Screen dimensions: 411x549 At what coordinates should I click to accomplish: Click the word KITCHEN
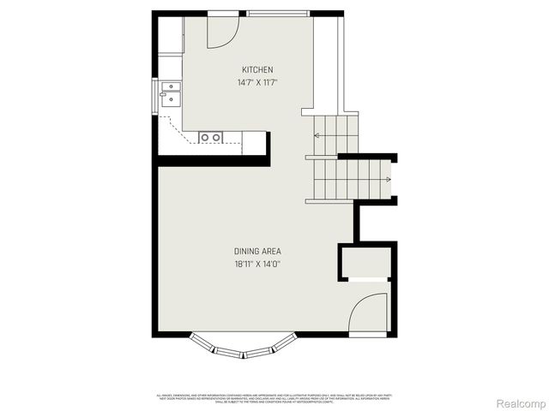click(257, 69)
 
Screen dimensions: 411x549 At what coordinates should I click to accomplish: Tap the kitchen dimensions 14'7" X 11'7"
click(257, 83)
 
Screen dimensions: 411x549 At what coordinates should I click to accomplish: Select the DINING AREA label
click(257, 251)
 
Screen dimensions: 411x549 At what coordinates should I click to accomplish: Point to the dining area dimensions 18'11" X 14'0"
click(257, 265)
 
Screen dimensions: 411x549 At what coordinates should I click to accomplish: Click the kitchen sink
click(170, 93)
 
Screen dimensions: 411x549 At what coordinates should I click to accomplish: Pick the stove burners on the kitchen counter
click(211, 137)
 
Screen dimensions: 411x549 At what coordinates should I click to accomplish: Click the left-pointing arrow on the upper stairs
click(317, 135)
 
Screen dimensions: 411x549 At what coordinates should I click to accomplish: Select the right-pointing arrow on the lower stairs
click(388, 179)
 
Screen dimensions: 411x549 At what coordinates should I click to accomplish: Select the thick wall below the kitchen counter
click(213, 160)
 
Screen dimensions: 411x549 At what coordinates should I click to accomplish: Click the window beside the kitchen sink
click(156, 95)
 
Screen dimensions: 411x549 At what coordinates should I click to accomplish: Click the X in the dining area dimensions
click(258, 265)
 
